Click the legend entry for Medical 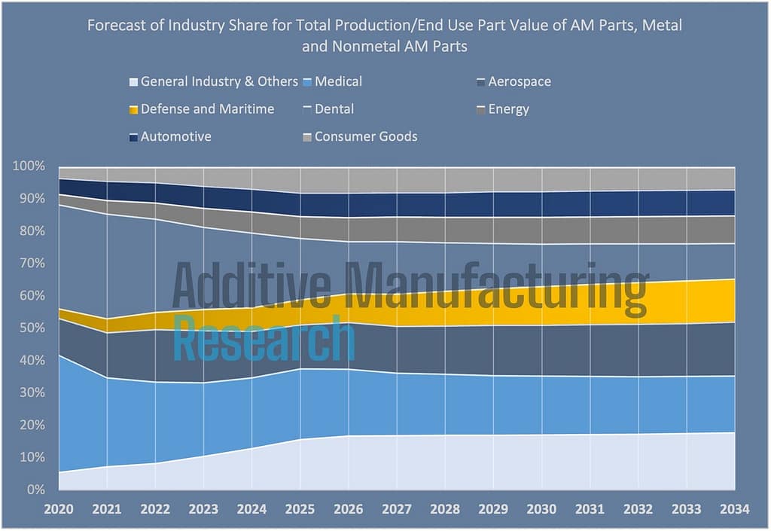coord(338,81)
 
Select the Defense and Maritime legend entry coord(207,109)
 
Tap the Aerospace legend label coord(519,81)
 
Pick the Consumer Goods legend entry coord(365,136)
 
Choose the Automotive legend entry coord(175,136)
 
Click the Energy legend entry coord(508,109)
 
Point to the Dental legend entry coord(334,109)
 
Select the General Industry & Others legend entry coord(215,81)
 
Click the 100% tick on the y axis coord(31,166)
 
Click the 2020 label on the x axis coord(59,510)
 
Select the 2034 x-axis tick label coord(734,510)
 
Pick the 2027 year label coord(397,510)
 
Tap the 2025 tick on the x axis coord(300,510)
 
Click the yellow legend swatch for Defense coord(134,110)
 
